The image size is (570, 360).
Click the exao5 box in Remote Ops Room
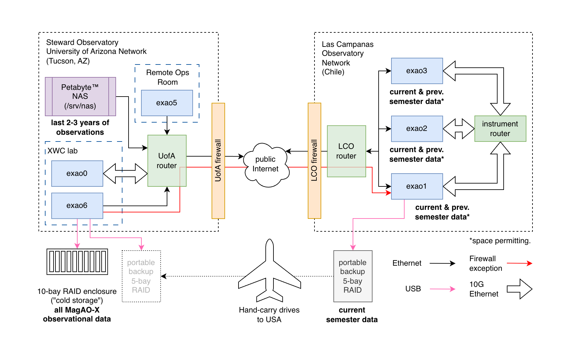[x=167, y=103]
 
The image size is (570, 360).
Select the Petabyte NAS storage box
[x=80, y=96]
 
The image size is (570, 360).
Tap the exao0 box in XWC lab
[x=77, y=174]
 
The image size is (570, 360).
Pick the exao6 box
[x=77, y=206]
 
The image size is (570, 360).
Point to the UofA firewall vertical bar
[x=218, y=160]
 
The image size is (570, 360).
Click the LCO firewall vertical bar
[x=314, y=160]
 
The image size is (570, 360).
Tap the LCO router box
[x=346, y=151]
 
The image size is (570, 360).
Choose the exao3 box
[x=417, y=71]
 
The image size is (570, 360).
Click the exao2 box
[x=417, y=129]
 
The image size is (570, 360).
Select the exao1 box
[x=417, y=186]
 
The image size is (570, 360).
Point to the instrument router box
[x=500, y=129]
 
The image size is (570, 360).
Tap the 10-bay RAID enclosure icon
[x=77, y=261]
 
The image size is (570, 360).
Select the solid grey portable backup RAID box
[x=353, y=276]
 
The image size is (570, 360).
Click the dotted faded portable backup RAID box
[x=141, y=276]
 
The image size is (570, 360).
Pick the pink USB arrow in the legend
[x=442, y=289]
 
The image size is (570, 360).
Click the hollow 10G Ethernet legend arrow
[x=519, y=289]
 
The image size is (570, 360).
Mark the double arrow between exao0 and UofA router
[x=125, y=174]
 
